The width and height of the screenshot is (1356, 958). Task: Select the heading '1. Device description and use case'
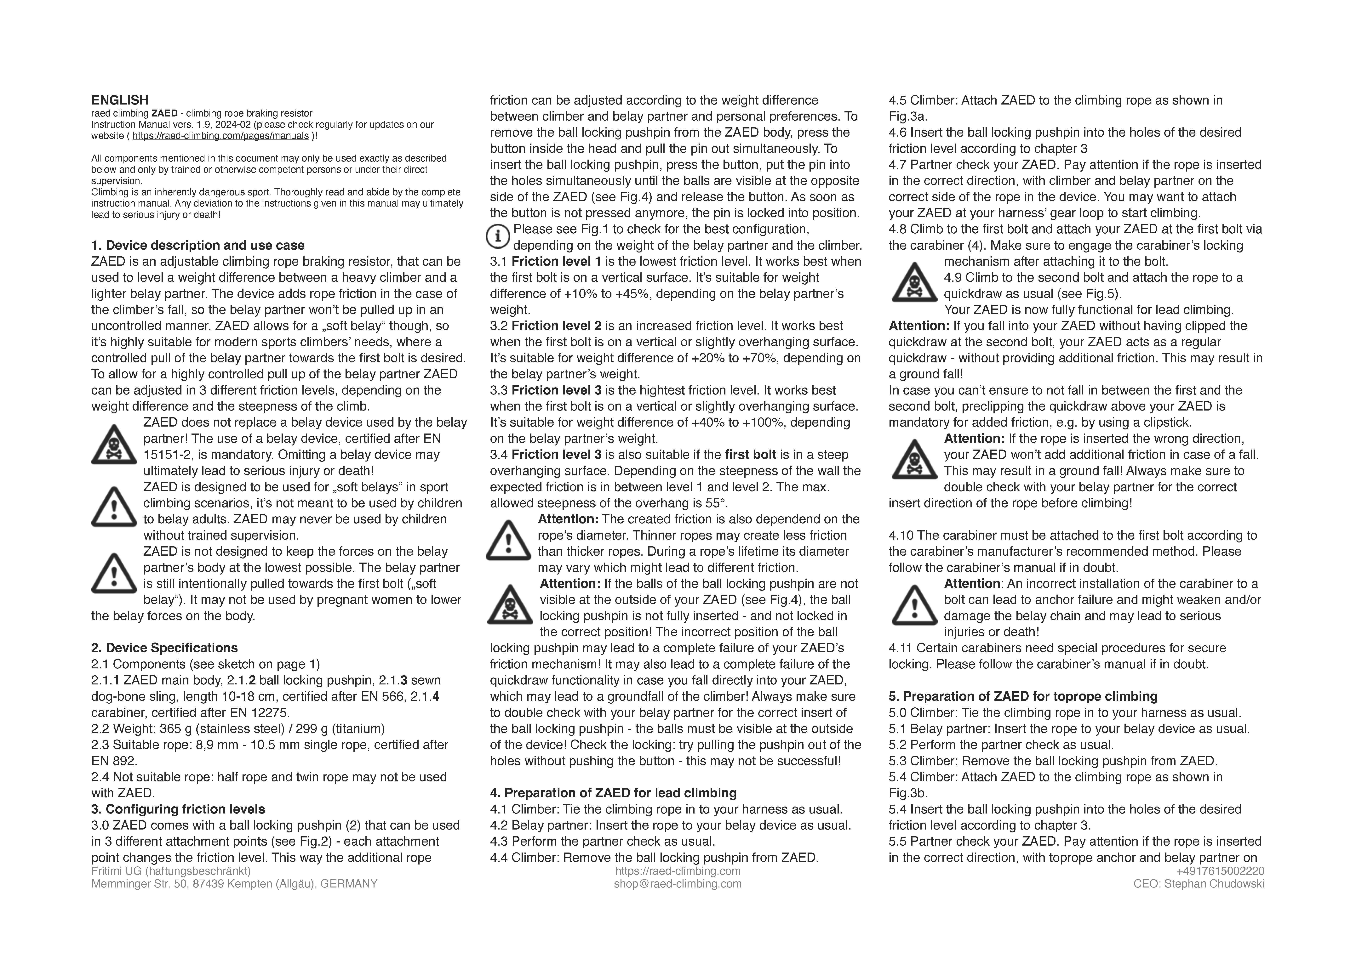tap(198, 246)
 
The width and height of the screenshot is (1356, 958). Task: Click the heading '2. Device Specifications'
tap(164, 648)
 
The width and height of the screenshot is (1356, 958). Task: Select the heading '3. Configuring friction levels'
tap(178, 809)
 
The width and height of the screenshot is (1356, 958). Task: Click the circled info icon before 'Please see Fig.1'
tap(498, 237)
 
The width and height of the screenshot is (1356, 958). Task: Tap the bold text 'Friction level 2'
tap(556, 326)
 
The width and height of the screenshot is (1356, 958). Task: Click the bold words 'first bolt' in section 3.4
tap(751, 455)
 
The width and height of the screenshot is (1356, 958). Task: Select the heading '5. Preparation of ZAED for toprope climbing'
tap(1023, 696)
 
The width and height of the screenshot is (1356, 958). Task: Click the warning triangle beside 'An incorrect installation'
tap(914, 605)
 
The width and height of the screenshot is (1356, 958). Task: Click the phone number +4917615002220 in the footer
tap(1220, 871)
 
